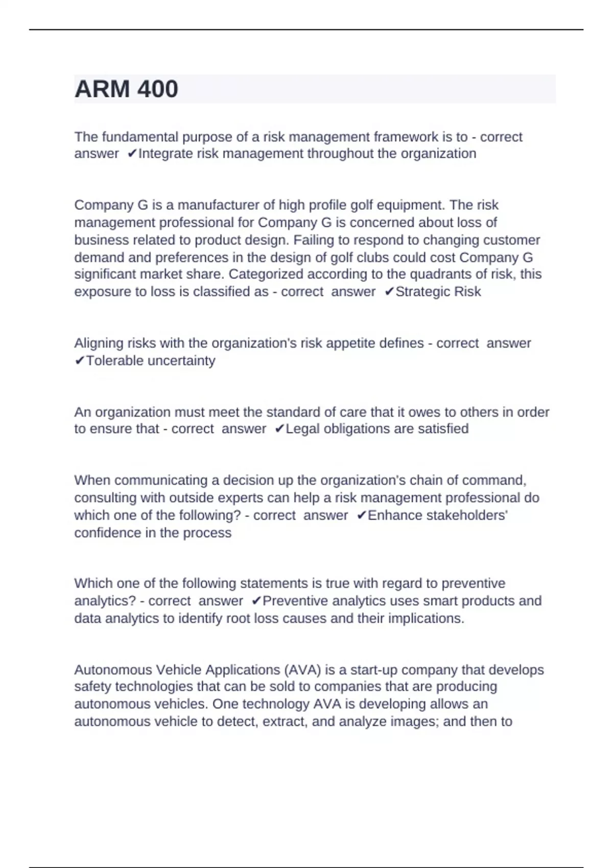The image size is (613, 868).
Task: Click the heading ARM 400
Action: (x=126, y=89)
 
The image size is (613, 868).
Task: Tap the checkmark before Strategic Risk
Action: (x=389, y=292)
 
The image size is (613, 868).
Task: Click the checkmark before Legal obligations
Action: (x=279, y=429)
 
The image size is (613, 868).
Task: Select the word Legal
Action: (x=302, y=429)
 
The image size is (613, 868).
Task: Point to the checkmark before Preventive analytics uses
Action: (x=256, y=601)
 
